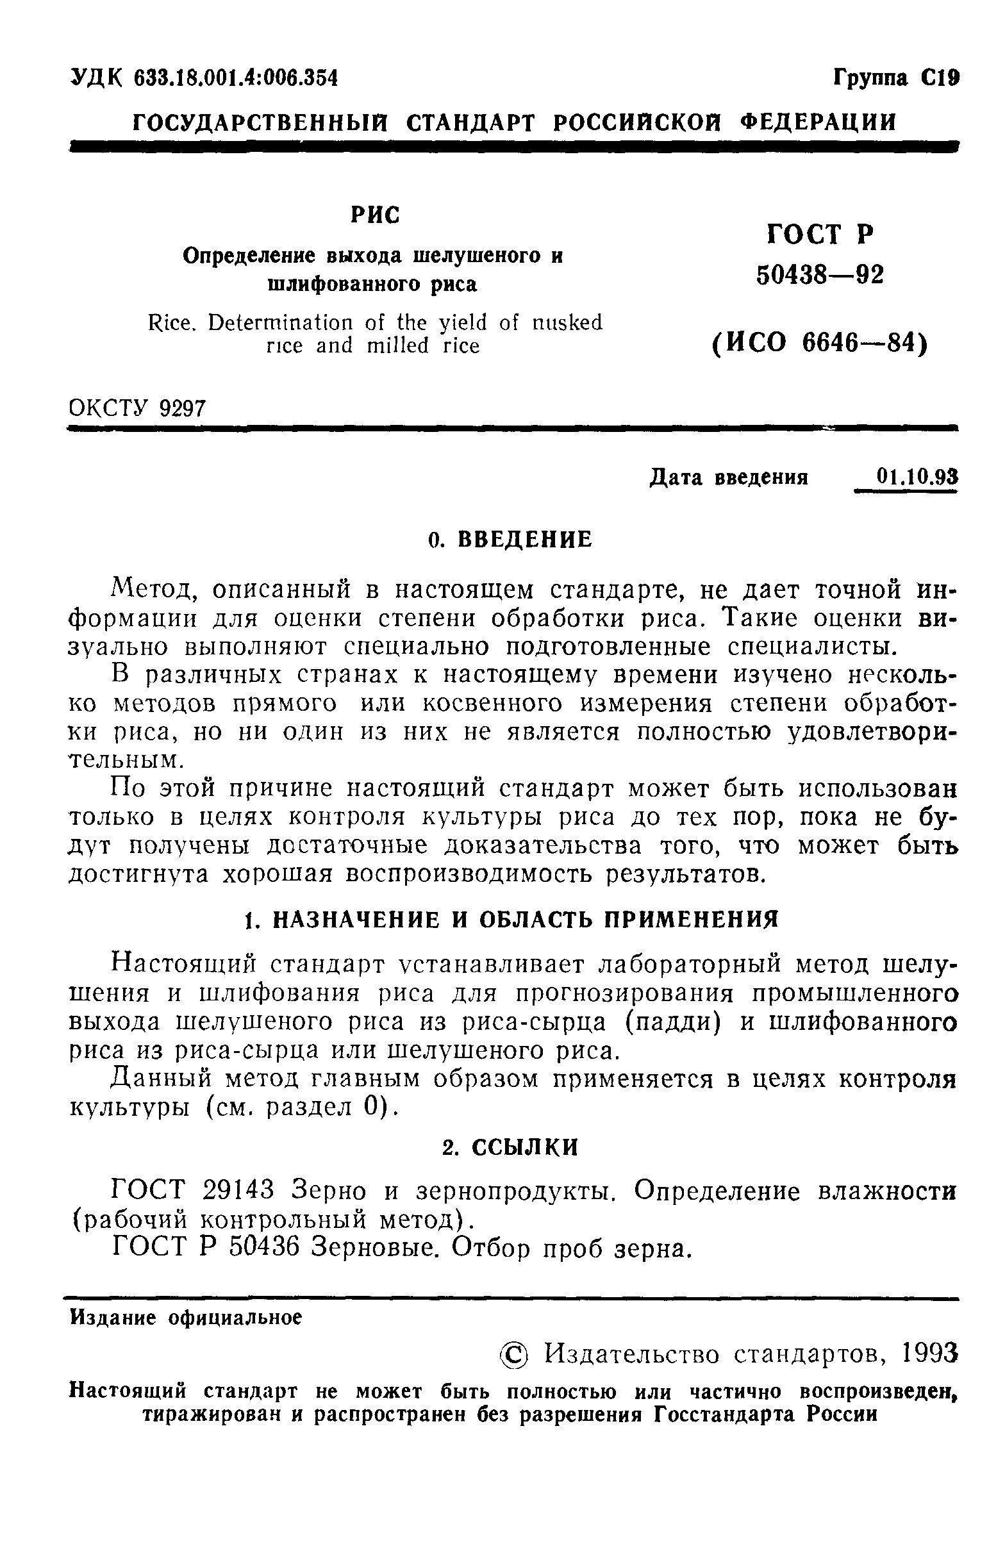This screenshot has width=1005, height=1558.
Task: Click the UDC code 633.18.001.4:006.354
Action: coord(236,78)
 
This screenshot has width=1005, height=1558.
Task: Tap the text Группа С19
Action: coord(895,78)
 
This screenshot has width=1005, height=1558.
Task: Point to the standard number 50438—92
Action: coord(820,276)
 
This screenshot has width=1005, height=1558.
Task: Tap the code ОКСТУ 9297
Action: coord(137,408)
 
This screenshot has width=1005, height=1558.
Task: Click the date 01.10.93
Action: coord(917,477)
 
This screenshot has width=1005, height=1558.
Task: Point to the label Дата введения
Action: coord(729,478)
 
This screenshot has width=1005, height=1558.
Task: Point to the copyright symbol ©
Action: coord(515,1355)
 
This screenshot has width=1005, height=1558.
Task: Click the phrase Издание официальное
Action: coord(186,1318)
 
